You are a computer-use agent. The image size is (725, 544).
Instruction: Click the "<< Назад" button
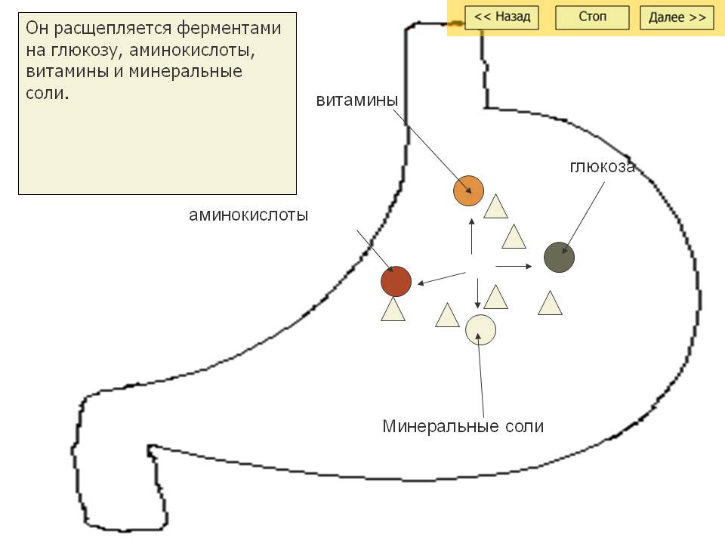click(x=501, y=17)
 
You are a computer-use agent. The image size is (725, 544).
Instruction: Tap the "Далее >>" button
click(x=677, y=17)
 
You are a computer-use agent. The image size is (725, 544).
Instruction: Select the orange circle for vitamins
click(x=468, y=190)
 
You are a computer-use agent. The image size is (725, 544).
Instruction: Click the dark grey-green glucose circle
click(x=560, y=258)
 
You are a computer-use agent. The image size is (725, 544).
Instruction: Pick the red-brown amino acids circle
click(x=396, y=282)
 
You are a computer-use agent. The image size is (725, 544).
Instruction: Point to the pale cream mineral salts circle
click(x=480, y=329)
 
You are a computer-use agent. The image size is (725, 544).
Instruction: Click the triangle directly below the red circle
click(x=393, y=310)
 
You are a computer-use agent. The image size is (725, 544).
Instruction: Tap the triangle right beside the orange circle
click(x=495, y=207)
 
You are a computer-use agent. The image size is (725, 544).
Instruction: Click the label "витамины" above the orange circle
click(x=357, y=100)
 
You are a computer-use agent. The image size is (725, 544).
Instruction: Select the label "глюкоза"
click(x=602, y=167)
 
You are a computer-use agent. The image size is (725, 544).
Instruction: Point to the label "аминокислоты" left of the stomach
click(x=248, y=215)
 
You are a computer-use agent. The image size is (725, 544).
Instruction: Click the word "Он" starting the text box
click(x=35, y=29)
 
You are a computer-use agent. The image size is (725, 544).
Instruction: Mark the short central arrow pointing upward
click(x=472, y=236)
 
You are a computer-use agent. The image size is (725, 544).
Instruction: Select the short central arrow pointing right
click(x=514, y=266)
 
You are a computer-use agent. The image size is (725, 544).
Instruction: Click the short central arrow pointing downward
click(x=477, y=293)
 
